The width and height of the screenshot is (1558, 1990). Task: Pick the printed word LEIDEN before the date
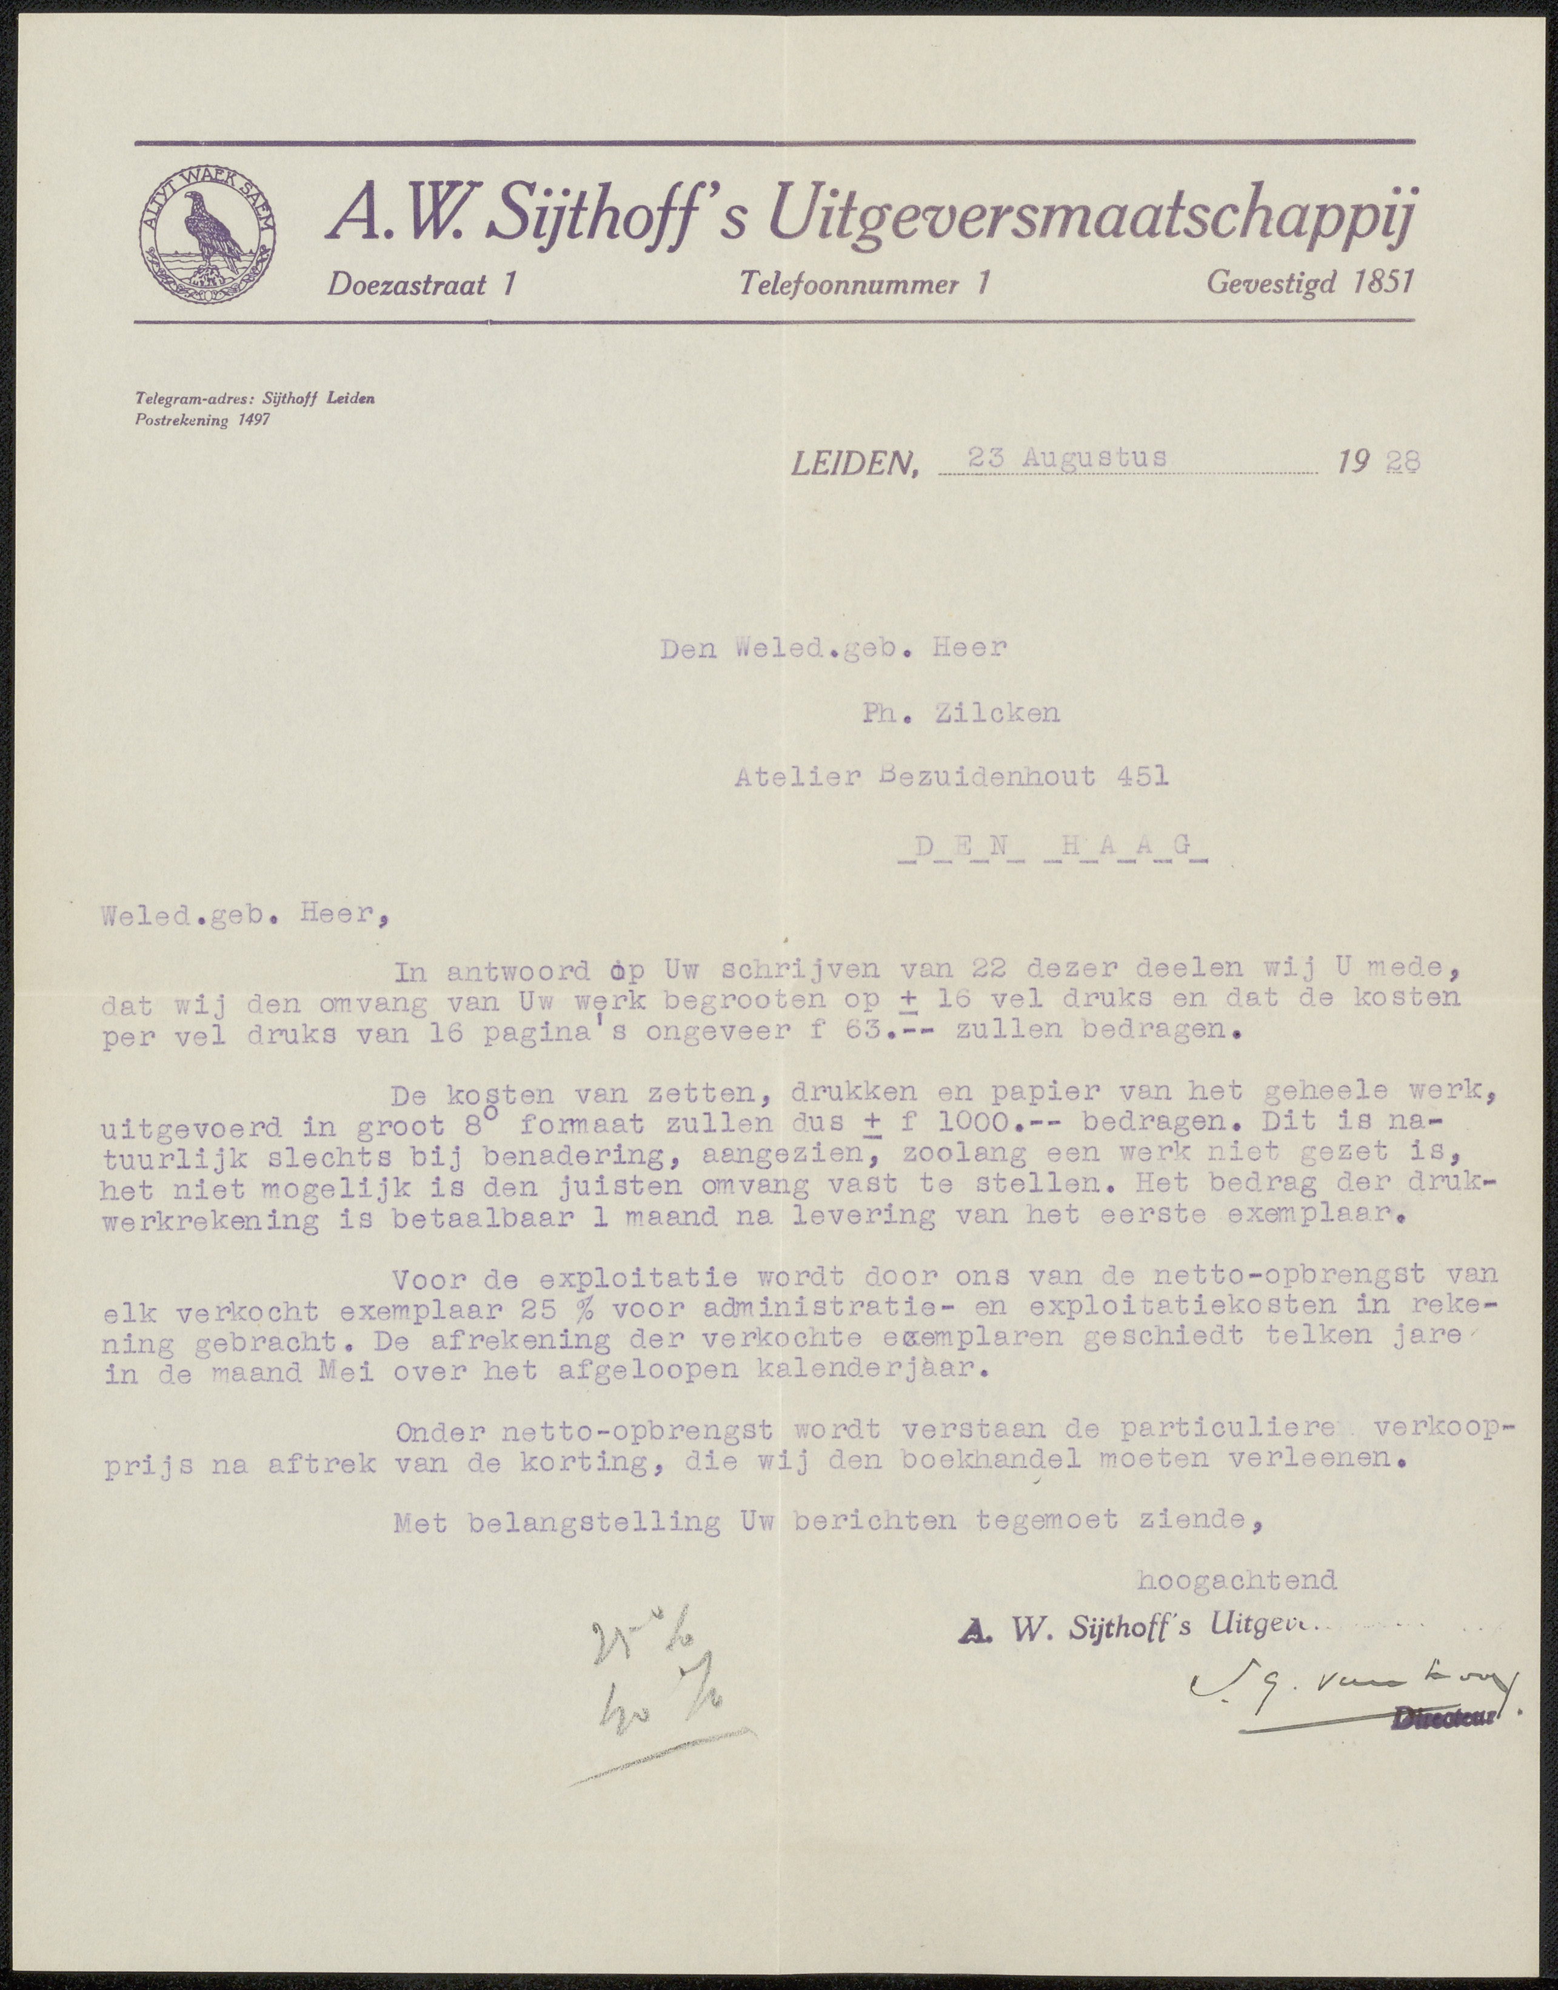point(852,465)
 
